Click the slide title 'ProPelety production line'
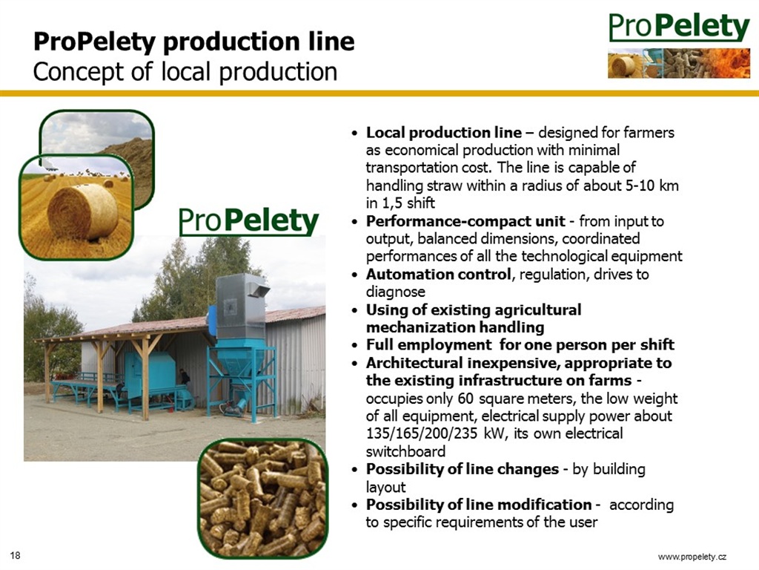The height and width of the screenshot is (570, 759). pyautogui.click(x=193, y=42)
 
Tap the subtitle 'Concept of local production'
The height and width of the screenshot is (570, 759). pyautogui.click(x=185, y=72)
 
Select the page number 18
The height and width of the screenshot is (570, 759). pyautogui.click(x=16, y=555)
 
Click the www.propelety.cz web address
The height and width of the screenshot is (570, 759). pyautogui.click(x=692, y=557)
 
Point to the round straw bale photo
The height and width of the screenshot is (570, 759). pyautogui.click(x=76, y=208)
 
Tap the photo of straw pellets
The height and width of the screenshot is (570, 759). pyautogui.click(x=263, y=499)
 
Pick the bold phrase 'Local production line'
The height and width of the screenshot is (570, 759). pyautogui.click(x=444, y=132)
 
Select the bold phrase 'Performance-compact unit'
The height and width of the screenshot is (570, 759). pyautogui.click(x=465, y=221)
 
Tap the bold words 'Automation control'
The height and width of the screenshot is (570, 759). pyautogui.click(x=438, y=275)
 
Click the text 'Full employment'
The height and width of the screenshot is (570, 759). pyautogui.click(x=428, y=344)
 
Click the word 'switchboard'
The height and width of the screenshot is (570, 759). pyautogui.click(x=405, y=451)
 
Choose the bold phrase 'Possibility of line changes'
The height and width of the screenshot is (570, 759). pyautogui.click(x=463, y=469)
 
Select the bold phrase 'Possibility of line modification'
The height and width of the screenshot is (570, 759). pyautogui.click(x=479, y=505)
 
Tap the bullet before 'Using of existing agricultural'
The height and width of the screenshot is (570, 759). pyautogui.click(x=356, y=310)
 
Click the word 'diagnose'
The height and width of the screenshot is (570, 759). pyautogui.click(x=396, y=292)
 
